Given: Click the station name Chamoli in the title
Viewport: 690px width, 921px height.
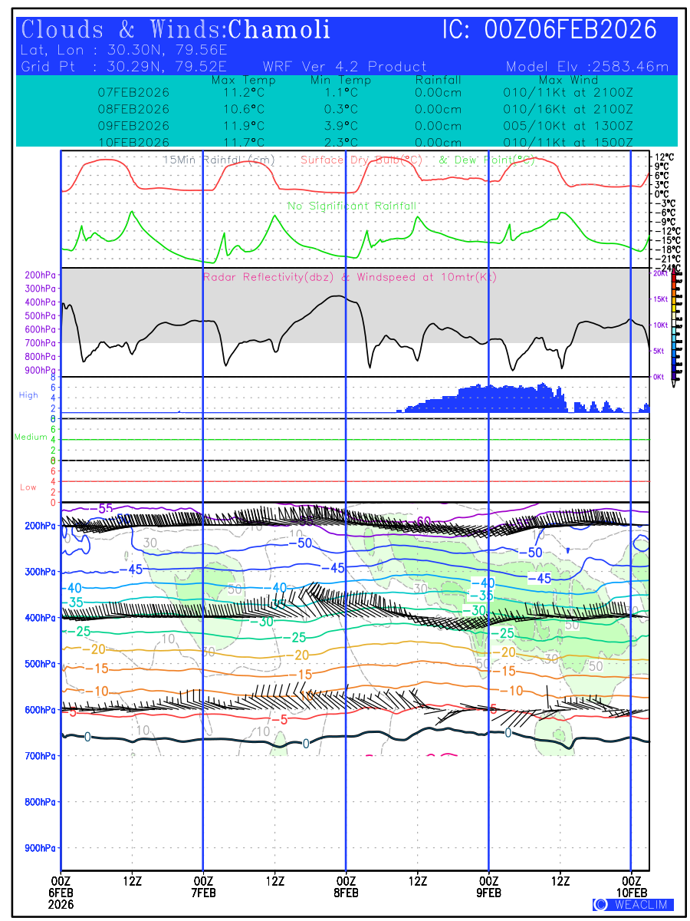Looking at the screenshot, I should [280, 30].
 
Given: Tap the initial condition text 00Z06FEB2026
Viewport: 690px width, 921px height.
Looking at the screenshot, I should [571, 30].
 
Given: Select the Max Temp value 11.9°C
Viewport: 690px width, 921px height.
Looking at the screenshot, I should [238, 126].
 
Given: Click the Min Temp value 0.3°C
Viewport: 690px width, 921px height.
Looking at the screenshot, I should [340, 109].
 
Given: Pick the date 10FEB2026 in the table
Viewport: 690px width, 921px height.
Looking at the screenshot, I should [133, 143].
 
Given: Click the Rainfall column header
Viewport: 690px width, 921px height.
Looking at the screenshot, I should [438, 81].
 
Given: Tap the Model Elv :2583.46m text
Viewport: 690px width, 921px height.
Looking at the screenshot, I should [587, 67].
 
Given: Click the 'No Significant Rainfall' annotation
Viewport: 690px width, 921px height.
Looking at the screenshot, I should [352, 206].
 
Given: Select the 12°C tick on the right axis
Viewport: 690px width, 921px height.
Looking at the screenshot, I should [661, 157].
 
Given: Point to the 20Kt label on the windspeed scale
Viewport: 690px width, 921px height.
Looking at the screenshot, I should [658, 273].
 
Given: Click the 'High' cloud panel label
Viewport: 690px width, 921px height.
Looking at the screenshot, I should [28, 395].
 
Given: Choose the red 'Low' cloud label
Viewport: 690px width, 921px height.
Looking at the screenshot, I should [28, 487].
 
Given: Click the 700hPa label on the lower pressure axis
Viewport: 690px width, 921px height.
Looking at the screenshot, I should [39, 756].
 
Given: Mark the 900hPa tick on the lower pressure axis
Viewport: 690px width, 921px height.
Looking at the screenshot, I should [39, 848].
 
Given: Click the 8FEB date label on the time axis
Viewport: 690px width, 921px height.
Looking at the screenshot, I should [346, 893].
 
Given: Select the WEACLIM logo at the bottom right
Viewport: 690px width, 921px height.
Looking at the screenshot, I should [632, 904].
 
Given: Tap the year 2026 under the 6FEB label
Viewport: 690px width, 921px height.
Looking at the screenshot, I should [61, 904].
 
